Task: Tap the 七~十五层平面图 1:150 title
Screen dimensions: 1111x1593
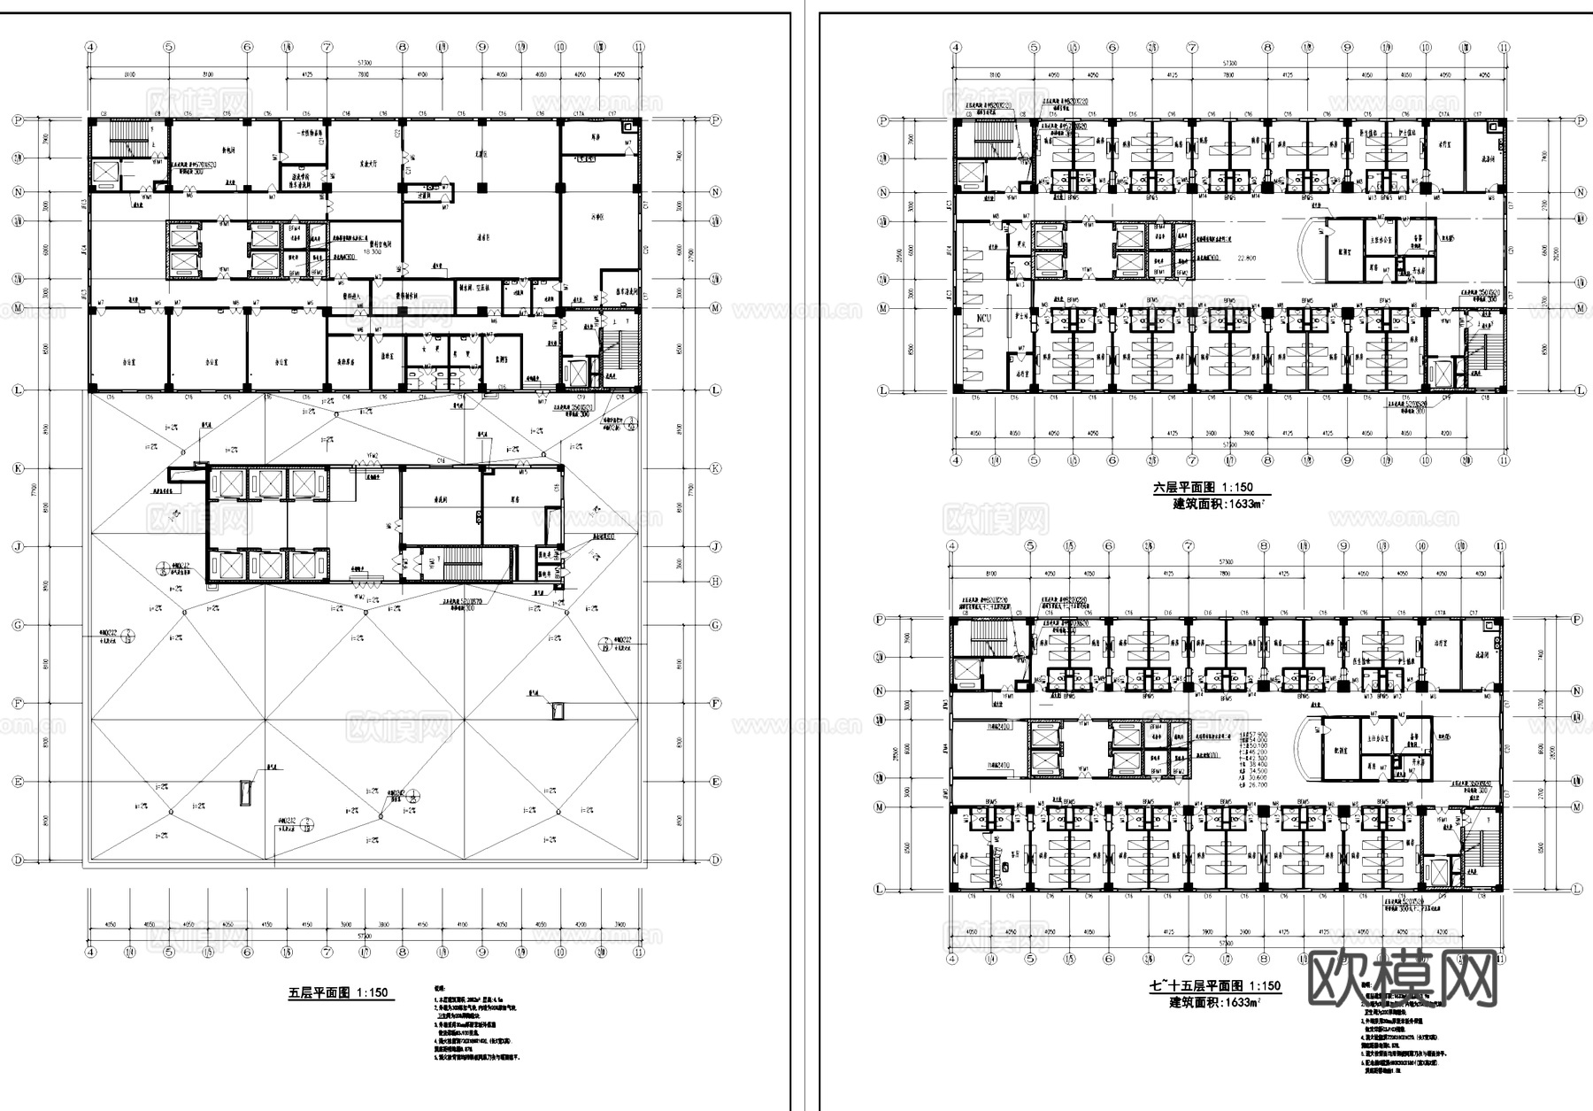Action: (x=1214, y=986)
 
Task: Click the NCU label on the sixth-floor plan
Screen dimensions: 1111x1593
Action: (x=984, y=318)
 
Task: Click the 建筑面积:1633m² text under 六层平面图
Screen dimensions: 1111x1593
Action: (x=1216, y=504)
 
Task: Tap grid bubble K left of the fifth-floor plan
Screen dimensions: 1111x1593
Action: (x=18, y=468)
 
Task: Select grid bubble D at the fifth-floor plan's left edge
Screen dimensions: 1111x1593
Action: (x=18, y=860)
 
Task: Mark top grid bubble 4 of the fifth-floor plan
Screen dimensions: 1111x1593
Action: (x=90, y=48)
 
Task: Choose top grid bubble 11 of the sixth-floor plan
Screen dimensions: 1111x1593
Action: (x=1503, y=48)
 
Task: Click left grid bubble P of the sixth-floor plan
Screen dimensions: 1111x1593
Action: (x=881, y=120)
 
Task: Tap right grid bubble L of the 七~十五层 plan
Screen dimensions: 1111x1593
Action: (x=1578, y=889)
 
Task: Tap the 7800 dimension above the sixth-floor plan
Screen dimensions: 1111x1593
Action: (x=1227, y=76)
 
